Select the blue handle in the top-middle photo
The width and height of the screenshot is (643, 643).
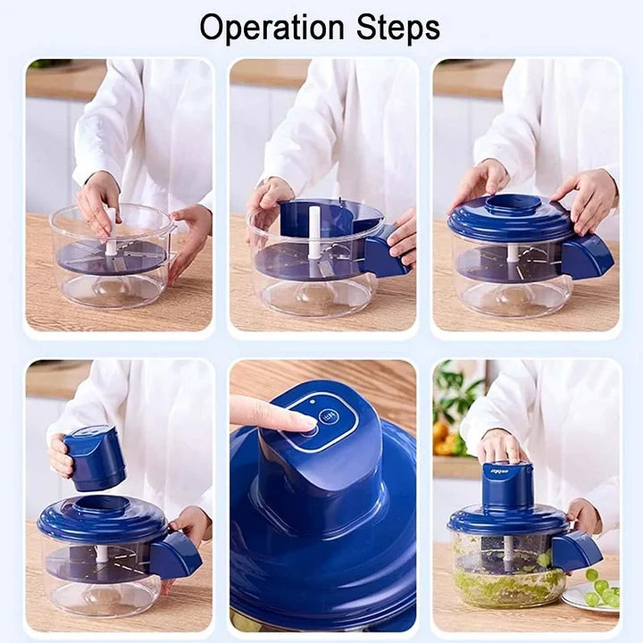click(384, 256)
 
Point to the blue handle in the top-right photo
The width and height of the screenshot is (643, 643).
click(588, 256)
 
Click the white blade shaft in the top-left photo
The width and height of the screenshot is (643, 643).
click(111, 237)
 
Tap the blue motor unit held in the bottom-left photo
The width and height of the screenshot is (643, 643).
click(95, 456)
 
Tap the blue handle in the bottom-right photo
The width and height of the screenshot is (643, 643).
click(575, 550)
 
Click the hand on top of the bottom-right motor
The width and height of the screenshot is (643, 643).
click(500, 446)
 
